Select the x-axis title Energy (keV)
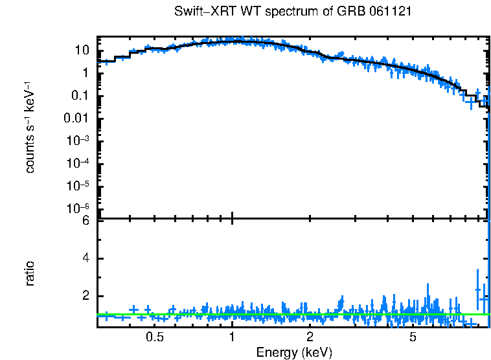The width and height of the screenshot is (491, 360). pos(294,352)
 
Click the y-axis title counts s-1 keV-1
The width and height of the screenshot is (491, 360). pos(30,128)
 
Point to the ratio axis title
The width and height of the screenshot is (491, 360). pos(30,273)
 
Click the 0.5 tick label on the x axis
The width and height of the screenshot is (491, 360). pos(154,337)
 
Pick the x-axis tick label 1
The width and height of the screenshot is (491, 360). pos(232,337)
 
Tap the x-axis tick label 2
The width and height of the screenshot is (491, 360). pos(310,337)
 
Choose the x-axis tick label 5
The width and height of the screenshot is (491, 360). pos(413,337)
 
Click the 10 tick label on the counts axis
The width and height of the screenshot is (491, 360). pos(82,51)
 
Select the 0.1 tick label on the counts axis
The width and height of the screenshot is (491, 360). pos(81,96)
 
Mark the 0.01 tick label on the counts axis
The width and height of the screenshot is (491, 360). pos(78,118)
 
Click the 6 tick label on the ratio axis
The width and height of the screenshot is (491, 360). pos(86,221)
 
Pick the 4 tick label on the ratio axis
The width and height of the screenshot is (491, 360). pos(86,258)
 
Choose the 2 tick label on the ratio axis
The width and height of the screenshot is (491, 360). pos(86,296)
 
